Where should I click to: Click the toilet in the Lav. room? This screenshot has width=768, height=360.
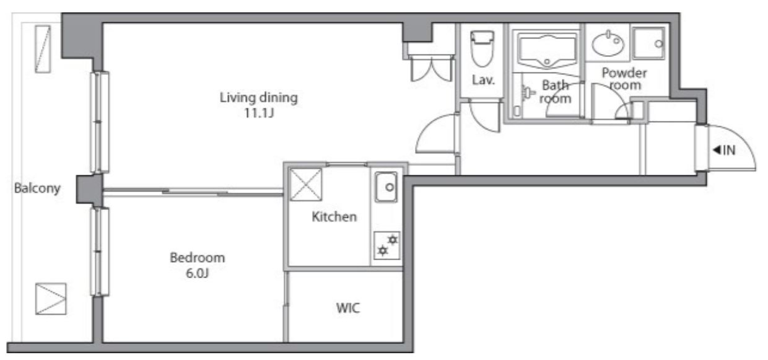(x=482, y=48)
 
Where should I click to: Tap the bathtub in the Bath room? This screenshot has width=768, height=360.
(x=547, y=50)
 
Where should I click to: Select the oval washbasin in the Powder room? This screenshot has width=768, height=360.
(x=608, y=44)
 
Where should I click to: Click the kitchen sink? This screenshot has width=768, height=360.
(x=386, y=187)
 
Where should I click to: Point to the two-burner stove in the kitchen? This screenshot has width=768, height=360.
(x=386, y=245)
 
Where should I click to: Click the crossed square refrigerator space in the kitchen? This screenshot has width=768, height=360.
(x=305, y=184)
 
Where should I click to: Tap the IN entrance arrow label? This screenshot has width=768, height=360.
(x=724, y=150)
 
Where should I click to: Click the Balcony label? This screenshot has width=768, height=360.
(x=37, y=188)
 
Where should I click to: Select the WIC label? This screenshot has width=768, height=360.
(x=348, y=308)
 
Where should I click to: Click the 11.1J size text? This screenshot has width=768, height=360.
(x=259, y=113)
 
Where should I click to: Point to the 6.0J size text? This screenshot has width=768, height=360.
(x=197, y=273)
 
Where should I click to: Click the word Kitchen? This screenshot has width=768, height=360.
(x=334, y=217)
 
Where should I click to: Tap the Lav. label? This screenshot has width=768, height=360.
(x=484, y=80)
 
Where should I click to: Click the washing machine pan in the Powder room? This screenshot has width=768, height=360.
(x=648, y=43)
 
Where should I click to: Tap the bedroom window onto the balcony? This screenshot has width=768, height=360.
(x=100, y=252)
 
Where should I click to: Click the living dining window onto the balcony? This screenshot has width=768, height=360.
(x=100, y=122)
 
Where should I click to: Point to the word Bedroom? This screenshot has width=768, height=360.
(x=198, y=258)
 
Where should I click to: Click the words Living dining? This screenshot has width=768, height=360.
(x=259, y=98)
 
